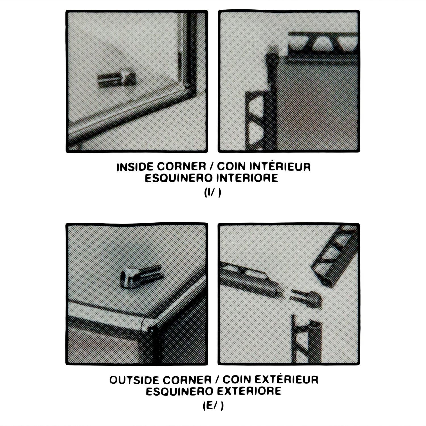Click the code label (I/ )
point(212,193)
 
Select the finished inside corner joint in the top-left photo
point(186,88)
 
